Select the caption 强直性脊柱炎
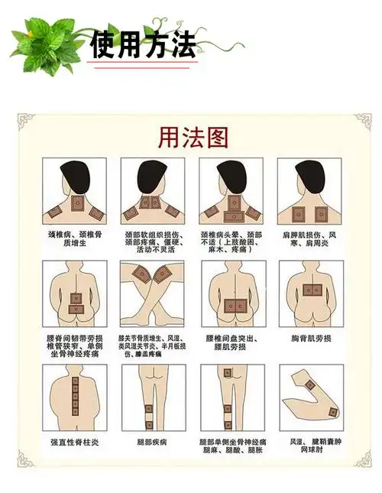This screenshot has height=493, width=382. point(75,442)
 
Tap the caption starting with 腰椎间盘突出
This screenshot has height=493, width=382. point(228,342)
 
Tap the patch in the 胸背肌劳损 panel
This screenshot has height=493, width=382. point(309,290)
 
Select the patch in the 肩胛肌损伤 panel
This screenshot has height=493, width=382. point(309,211)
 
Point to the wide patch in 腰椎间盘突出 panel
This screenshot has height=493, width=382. point(231,307)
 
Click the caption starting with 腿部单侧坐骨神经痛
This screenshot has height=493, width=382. point(232,446)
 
